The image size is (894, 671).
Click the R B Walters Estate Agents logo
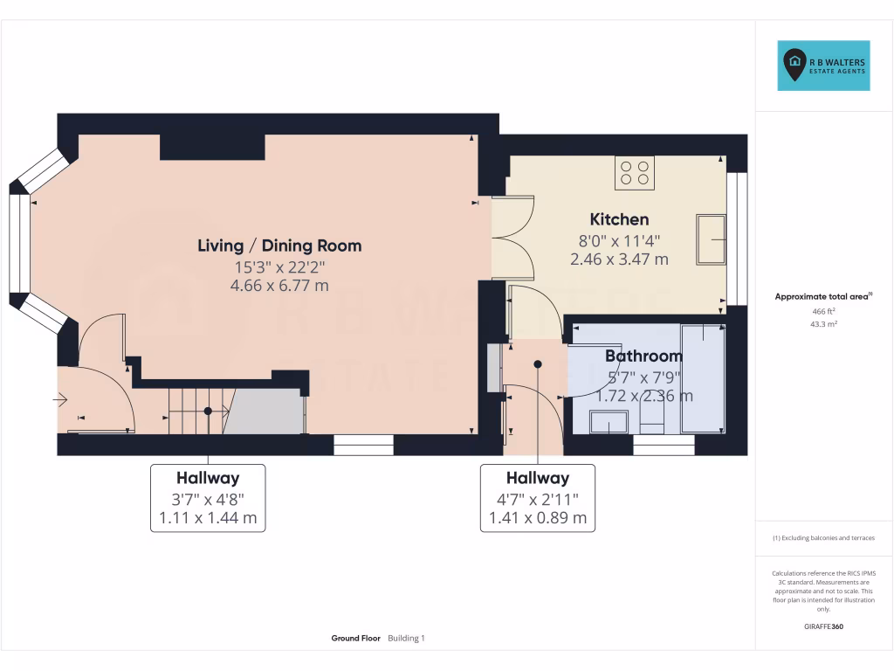tap(823, 66)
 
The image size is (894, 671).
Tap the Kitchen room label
tap(619, 219)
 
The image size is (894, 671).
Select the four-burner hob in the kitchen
tap(635, 172)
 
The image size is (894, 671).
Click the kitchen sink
tap(711, 239)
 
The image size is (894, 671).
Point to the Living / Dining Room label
tap(279, 246)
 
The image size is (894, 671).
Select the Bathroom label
tap(643, 356)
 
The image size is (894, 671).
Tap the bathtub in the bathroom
tap(703, 377)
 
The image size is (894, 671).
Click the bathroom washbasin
tap(608, 422)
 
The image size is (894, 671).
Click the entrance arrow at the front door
tap(60, 400)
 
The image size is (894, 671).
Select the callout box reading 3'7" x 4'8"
tap(208, 498)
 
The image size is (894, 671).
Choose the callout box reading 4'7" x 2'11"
tap(538, 498)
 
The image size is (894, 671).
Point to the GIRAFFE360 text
tap(823, 626)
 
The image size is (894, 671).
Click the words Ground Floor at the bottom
tap(355, 639)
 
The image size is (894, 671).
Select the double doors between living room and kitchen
tap(512, 238)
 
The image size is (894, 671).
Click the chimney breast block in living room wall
tap(212, 147)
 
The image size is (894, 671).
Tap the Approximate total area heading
tap(823, 297)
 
